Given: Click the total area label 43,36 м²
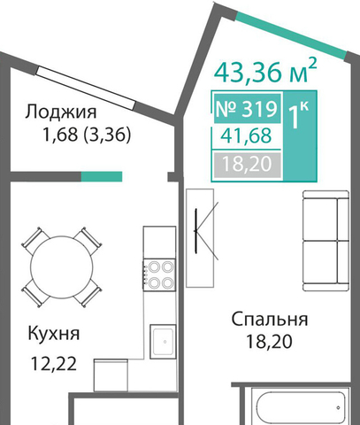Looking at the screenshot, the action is click(x=265, y=72).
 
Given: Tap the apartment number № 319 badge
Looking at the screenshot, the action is click(x=247, y=109).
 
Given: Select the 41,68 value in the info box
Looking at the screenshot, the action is click(x=246, y=136).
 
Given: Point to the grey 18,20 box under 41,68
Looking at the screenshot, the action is click(x=247, y=165).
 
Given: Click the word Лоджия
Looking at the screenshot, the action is click(x=61, y=112).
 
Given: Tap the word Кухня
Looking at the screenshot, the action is click(x=54, y=334).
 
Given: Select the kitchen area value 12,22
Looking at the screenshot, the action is click(x=54, y=364).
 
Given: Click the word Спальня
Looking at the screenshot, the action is click(x=270, y=319).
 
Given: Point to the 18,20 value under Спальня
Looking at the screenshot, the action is click(x=269, y=342).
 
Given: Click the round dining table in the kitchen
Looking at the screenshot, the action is click(x=62, y=267).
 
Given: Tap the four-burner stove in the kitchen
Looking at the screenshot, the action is click(x=159, y=275).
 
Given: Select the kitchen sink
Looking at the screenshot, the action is click(x=163, y=342).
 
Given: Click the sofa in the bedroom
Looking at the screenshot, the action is click(x=326, y=241).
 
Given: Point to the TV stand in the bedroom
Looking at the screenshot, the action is click(x=200, y=238).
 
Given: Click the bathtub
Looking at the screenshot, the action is click(x=300, y=406).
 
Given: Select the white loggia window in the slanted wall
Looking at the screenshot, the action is click(x=86, y=88).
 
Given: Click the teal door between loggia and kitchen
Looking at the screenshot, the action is click(x=102, y=176).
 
